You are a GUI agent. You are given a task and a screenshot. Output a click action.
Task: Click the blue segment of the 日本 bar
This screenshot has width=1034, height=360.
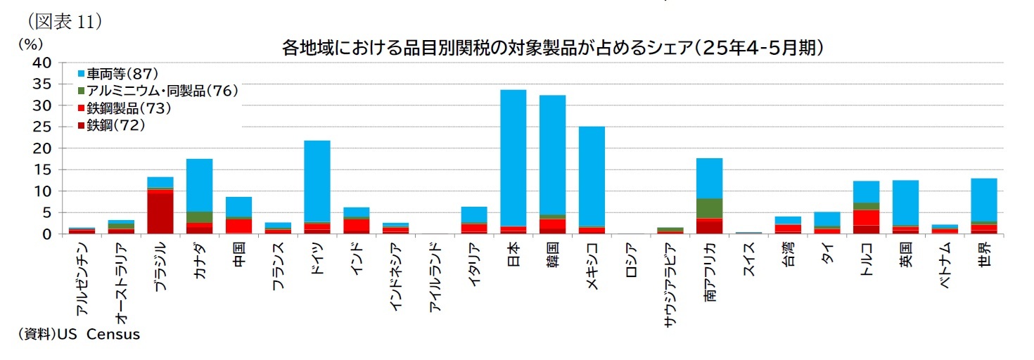pos(513,157)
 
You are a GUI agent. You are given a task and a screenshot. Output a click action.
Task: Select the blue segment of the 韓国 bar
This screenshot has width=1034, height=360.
pos(552,155)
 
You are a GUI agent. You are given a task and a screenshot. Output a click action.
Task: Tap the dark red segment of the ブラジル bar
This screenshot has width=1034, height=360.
pos(160,212)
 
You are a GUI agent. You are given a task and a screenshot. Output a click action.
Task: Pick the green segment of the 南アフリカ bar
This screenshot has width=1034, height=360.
pos(709,208)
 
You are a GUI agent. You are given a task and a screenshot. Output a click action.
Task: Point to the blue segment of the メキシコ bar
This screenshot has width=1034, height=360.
pos(592,176)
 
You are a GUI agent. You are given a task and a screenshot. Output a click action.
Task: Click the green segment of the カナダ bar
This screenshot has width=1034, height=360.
pos(200,217)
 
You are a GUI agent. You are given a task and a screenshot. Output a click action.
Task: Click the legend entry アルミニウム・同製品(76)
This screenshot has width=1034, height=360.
pos(162,91)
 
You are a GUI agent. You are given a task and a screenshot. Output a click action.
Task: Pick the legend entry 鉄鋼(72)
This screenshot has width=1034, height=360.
pos(115,126)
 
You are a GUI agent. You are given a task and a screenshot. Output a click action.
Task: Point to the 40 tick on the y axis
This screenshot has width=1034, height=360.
pos(42,63)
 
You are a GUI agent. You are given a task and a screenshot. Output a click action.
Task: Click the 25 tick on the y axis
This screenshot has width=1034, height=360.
pos(42,127)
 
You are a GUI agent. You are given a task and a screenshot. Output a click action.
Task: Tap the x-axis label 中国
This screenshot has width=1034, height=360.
pos(238,251)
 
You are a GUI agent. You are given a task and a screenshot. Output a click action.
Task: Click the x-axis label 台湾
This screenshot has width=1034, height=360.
pos(788,251)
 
